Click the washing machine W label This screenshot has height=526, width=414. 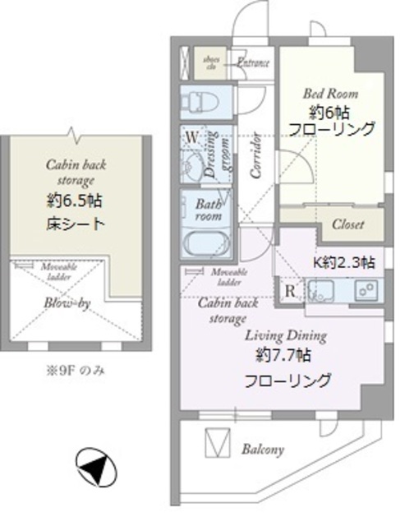[x=191, y=136]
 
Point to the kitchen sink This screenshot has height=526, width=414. [x=319, y=290]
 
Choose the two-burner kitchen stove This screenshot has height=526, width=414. [x=366, y=290]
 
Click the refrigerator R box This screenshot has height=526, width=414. [x=290, y=291]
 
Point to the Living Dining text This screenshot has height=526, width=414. [x=285, y=335]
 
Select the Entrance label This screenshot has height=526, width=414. [x=255, y=62]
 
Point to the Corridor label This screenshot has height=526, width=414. [x=255, y=156]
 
